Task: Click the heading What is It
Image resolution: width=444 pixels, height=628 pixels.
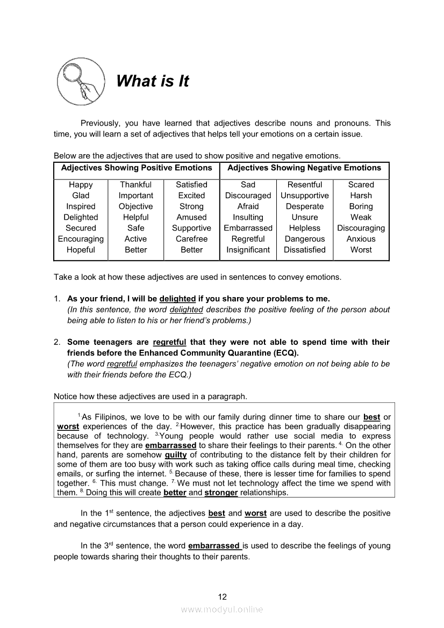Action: [x=153, y=81]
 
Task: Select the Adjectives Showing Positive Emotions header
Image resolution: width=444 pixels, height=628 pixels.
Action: [x=137, y=168]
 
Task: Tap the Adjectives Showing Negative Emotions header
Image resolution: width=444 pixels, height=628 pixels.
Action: [x=304, y=168]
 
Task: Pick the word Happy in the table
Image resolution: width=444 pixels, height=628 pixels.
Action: [x=81, y=185]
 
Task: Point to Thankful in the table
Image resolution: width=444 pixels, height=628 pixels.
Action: [x=135, y=185]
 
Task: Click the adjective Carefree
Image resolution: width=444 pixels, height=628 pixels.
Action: [x=191, y=239]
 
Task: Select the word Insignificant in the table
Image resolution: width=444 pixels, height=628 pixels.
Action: [x=248, y=250]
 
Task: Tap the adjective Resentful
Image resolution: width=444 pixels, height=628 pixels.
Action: [x=305, y=185]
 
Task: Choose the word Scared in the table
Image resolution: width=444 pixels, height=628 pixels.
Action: [x=361, y=185]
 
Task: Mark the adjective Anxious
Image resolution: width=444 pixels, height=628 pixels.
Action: [x=361, y=239]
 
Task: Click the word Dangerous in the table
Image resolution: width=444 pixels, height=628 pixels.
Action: [x=305, y=239]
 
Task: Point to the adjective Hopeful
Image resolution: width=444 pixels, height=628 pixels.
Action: [x=81, y=250]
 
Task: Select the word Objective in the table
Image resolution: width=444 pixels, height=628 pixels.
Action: [x=135, y=206]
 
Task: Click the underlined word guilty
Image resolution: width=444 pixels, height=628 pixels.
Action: [x=176, y=455]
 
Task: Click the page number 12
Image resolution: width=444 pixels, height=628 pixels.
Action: [x=223, y=597]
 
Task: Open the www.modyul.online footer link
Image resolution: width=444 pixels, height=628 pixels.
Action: [x=222, y=609]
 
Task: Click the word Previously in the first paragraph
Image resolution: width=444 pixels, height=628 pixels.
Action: [x=99, y=123]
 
